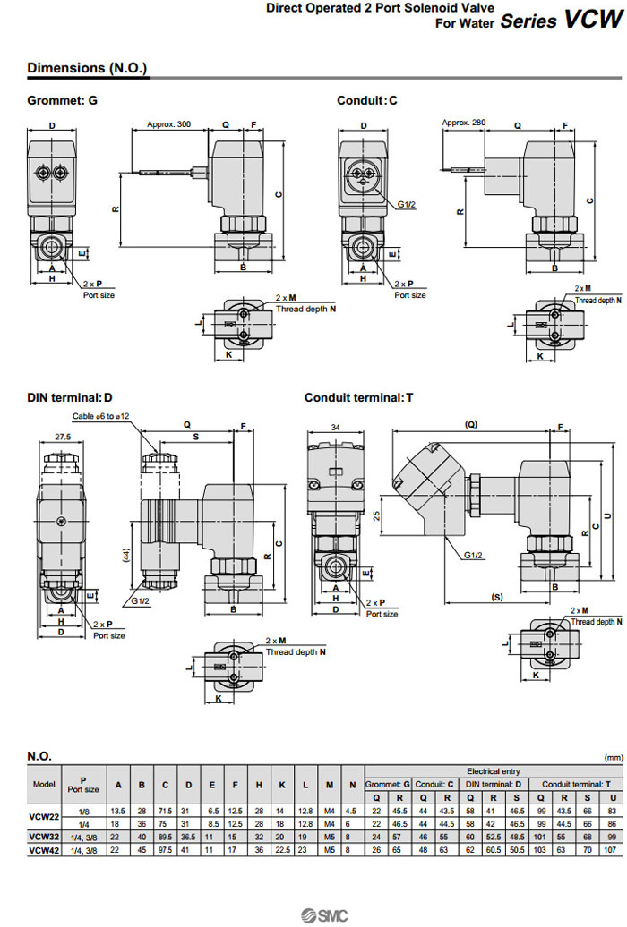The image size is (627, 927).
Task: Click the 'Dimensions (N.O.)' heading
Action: (87, 68)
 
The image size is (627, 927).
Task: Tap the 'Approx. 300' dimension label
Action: (169, 124)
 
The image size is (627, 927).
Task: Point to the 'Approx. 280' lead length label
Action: (464, 123)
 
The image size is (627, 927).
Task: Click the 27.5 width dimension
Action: (62, 438)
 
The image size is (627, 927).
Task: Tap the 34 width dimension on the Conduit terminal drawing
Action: (336, 428)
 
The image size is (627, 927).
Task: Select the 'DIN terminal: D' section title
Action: (71, 397)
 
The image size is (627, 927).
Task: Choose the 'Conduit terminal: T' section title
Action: (359, 397)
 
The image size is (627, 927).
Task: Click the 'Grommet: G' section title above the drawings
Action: (62, 100)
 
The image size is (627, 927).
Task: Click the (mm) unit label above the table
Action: (613, 757)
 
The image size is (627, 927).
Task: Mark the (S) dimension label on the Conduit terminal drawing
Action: (494, 596)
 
